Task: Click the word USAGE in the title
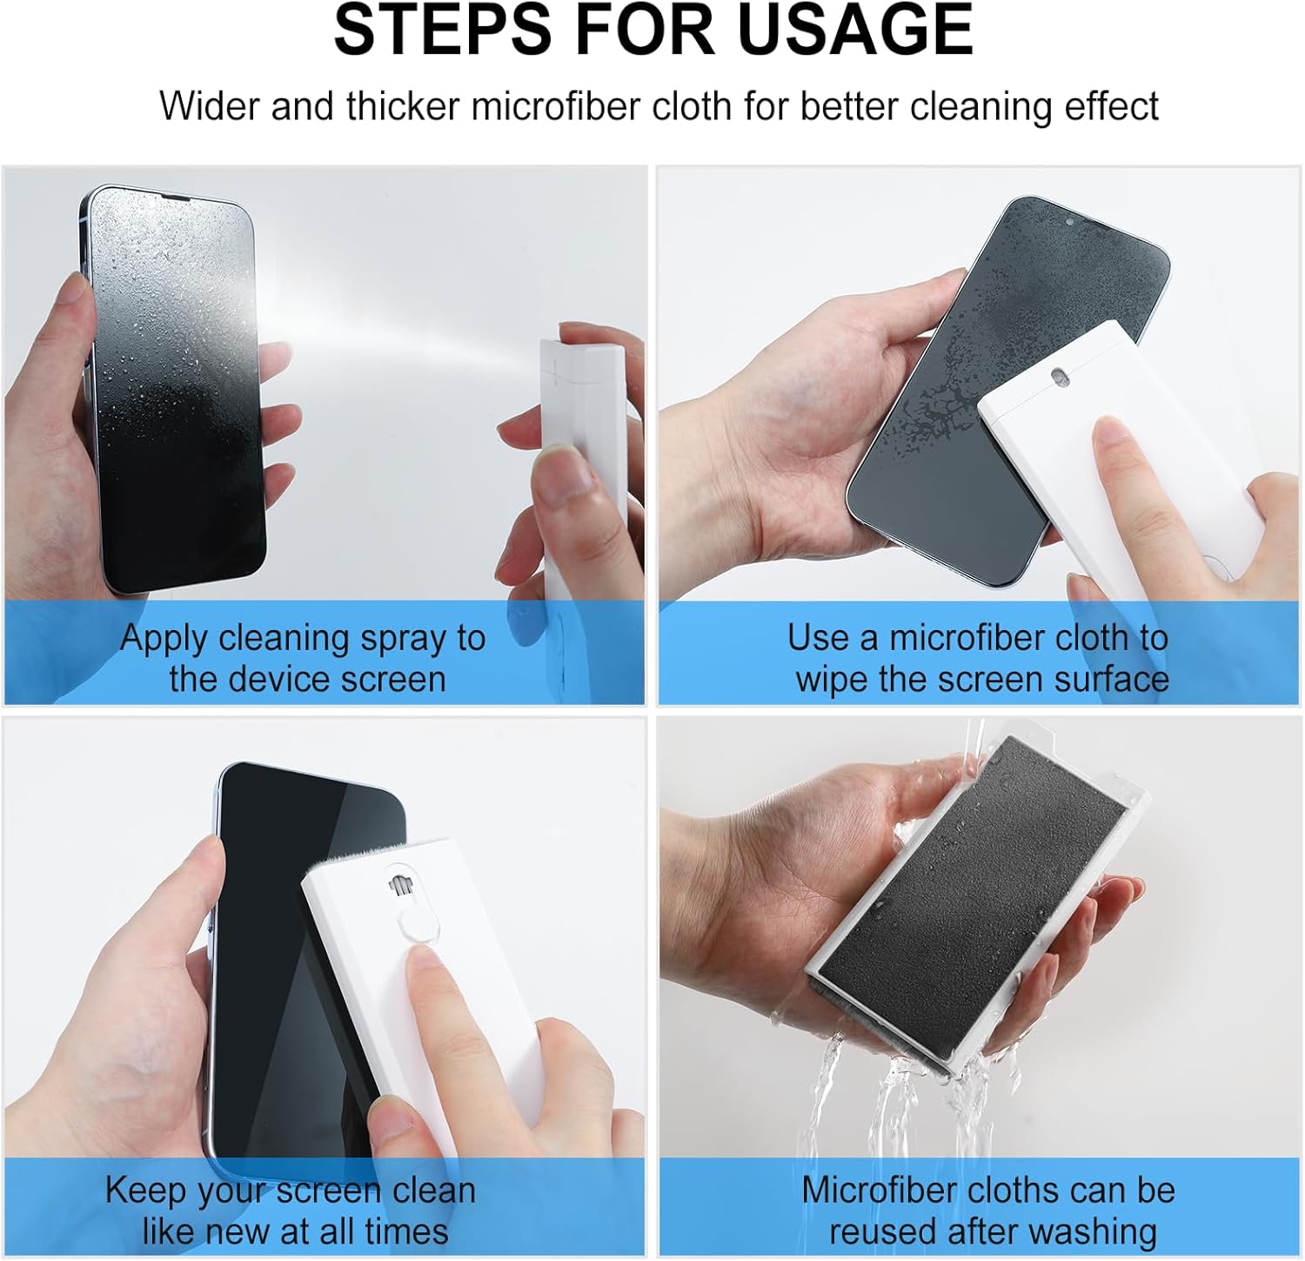click(x=854, y=30)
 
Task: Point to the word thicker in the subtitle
click(x=403, y=106)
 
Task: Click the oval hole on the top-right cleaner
click(x=1060, y=376)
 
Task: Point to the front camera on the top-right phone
click(x=1070, y=222)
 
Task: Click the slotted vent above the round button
click(x=398, y=882)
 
